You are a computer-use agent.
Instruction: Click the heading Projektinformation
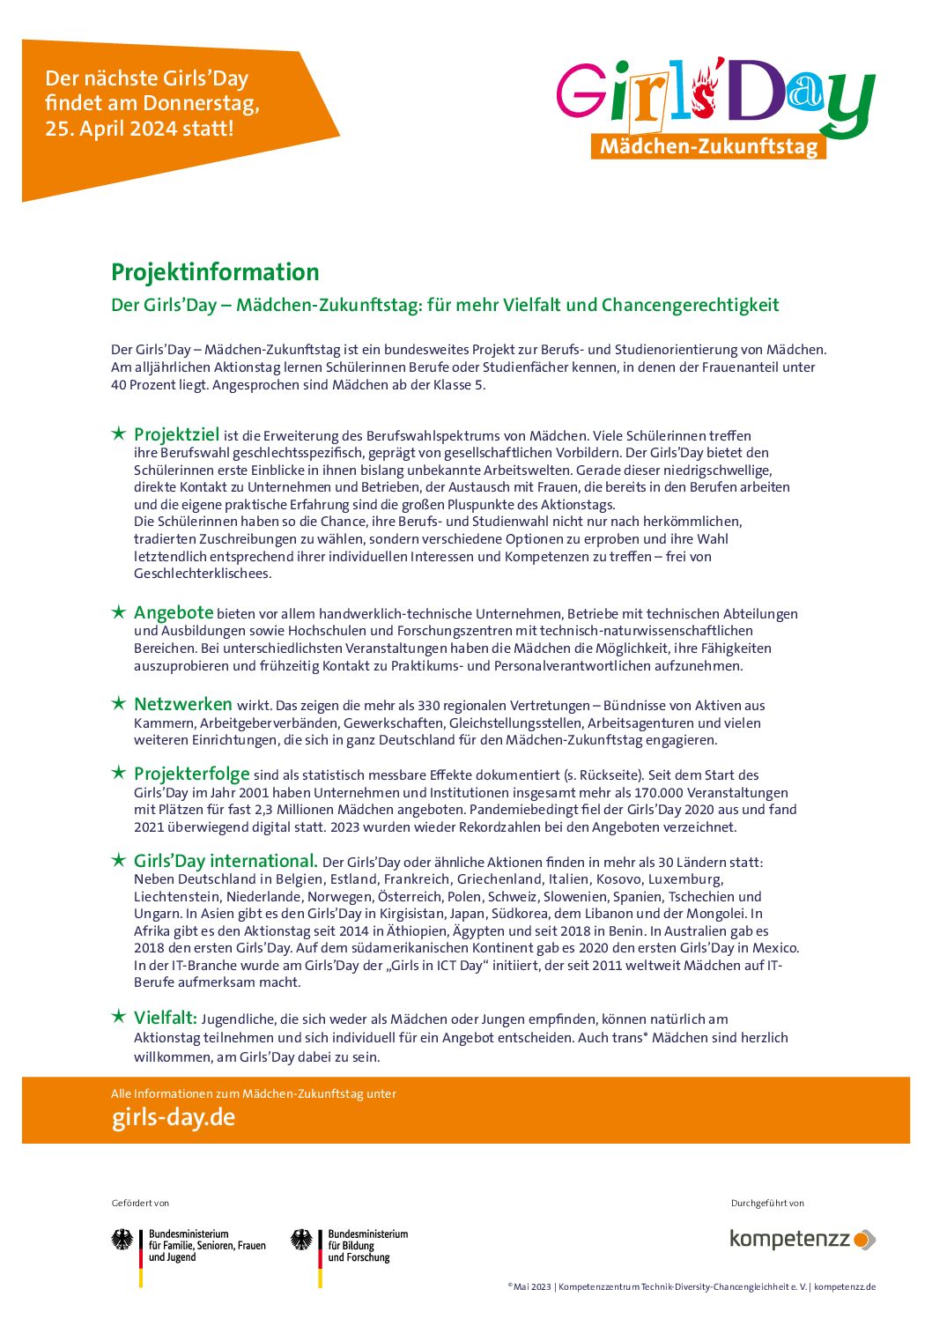[215, 272]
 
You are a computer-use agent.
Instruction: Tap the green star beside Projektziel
[118, 433]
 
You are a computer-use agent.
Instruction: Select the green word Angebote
[174, 612]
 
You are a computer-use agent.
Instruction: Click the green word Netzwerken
[183, 704]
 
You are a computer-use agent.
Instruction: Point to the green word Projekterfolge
[192, 774]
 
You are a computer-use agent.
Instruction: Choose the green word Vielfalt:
[166, 1018]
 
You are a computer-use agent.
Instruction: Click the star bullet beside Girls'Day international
[118, 860]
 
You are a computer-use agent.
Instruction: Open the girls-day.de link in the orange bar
[174, 1117]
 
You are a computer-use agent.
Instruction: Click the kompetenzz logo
[802, 1239]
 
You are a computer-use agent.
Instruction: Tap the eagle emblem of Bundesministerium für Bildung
[302, 1240]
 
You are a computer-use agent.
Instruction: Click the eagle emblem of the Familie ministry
[122, 1240]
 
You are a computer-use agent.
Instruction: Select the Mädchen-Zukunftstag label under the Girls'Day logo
[708, 146]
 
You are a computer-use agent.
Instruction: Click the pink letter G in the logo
[581, 91]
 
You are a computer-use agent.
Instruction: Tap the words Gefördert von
[140, 1203]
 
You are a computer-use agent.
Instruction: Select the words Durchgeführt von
[767, 1203]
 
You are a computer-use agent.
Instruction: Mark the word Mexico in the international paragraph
[774, 948]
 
